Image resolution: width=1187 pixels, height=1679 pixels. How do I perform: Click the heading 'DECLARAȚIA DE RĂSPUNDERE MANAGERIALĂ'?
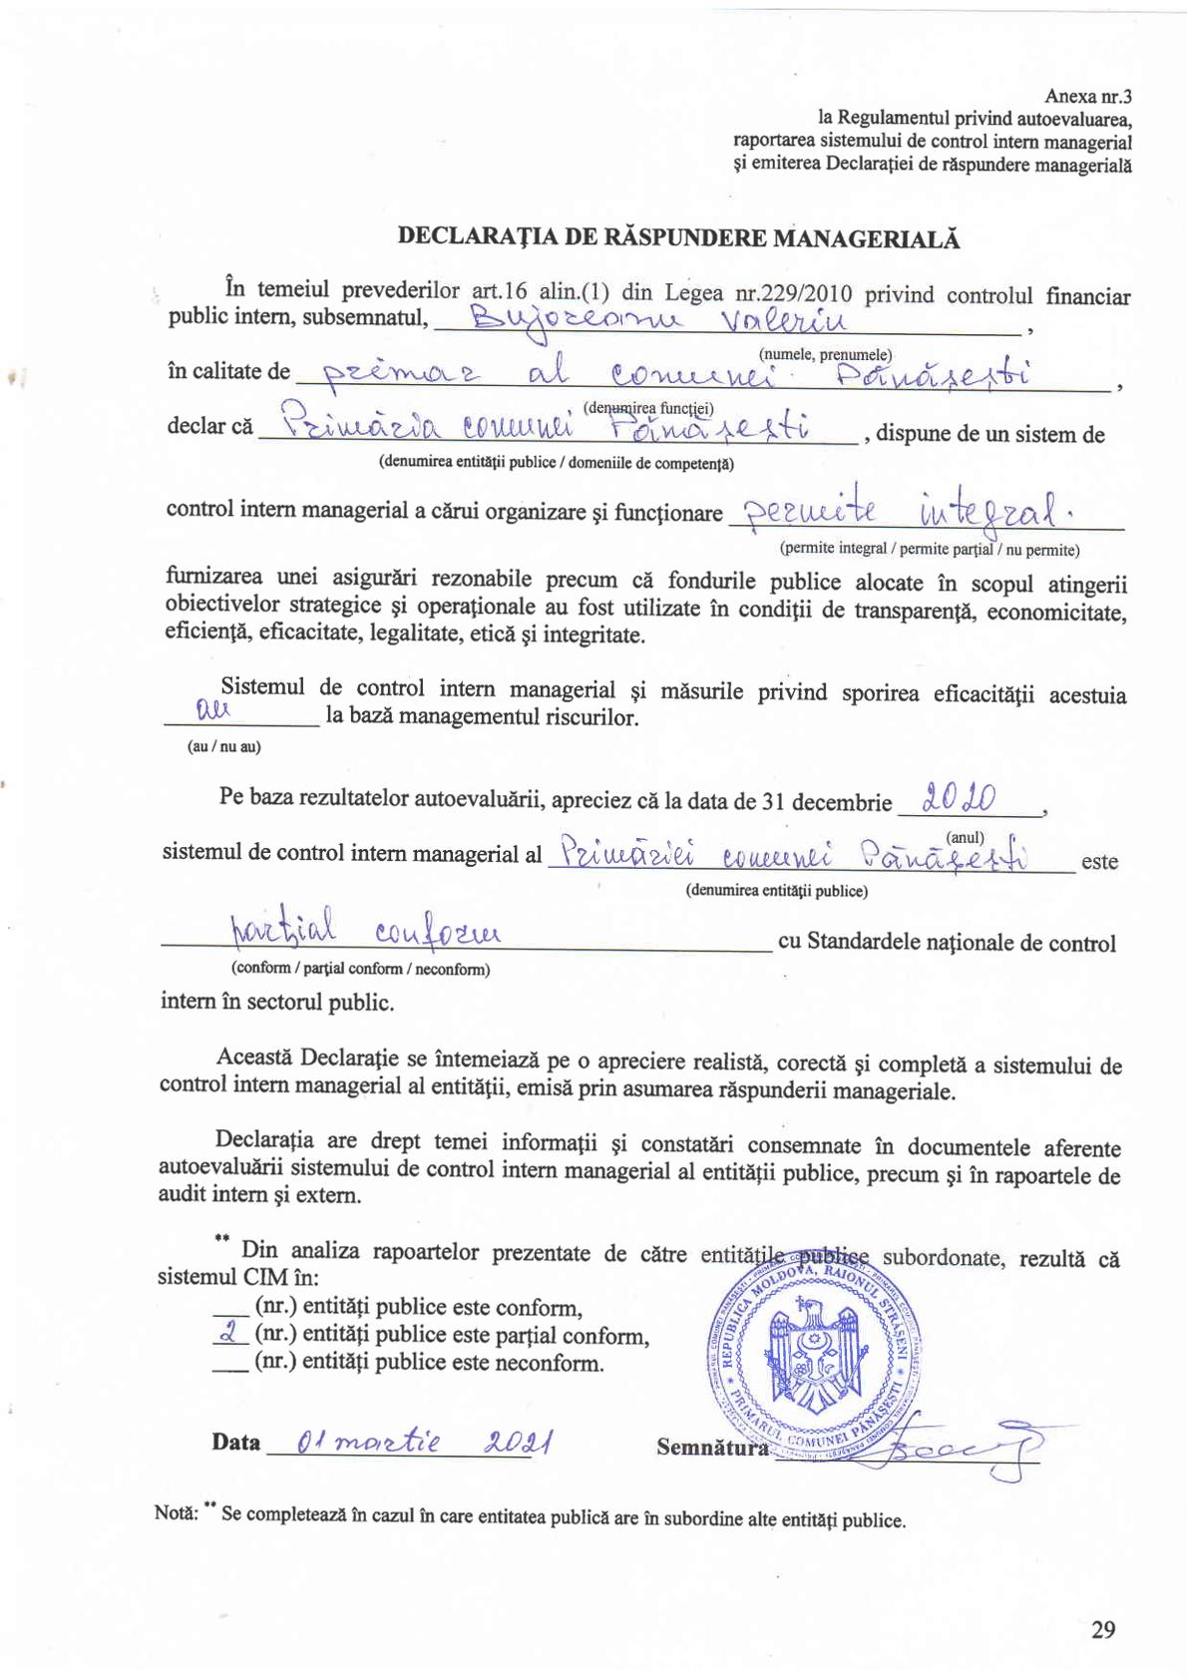click(x=678, y=237)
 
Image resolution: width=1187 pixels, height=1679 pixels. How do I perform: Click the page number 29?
click(x=1102, y=1630)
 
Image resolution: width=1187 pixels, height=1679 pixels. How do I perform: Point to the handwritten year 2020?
click(x=961, y=797)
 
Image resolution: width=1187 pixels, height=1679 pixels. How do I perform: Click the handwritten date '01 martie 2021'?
click(x=410, y=1444)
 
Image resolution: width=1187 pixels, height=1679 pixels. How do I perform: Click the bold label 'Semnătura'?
click(x=712, y=1448)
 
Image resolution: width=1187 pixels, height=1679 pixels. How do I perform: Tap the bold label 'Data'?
click(x=235, y=1443)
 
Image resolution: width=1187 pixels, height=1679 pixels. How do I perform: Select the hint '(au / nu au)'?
click(x=223, y=747)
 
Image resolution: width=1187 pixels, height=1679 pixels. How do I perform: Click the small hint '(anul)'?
click(x=965, y=837)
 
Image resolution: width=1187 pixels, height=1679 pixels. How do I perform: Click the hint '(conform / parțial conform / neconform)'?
click(x=360, y=969)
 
